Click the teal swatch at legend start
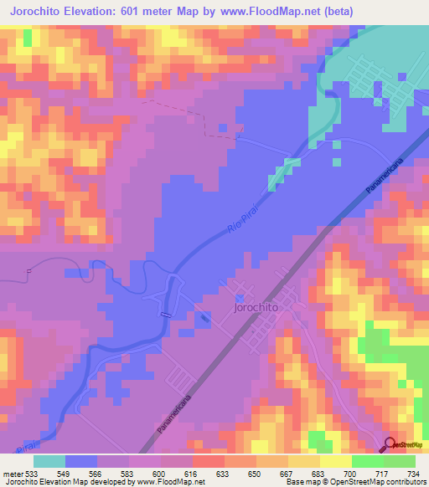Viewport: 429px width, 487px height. (49, 461)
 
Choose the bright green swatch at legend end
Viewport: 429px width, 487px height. (400, 461)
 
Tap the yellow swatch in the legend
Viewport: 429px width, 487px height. (335, 461)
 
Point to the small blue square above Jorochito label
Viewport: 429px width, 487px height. (241, 297)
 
